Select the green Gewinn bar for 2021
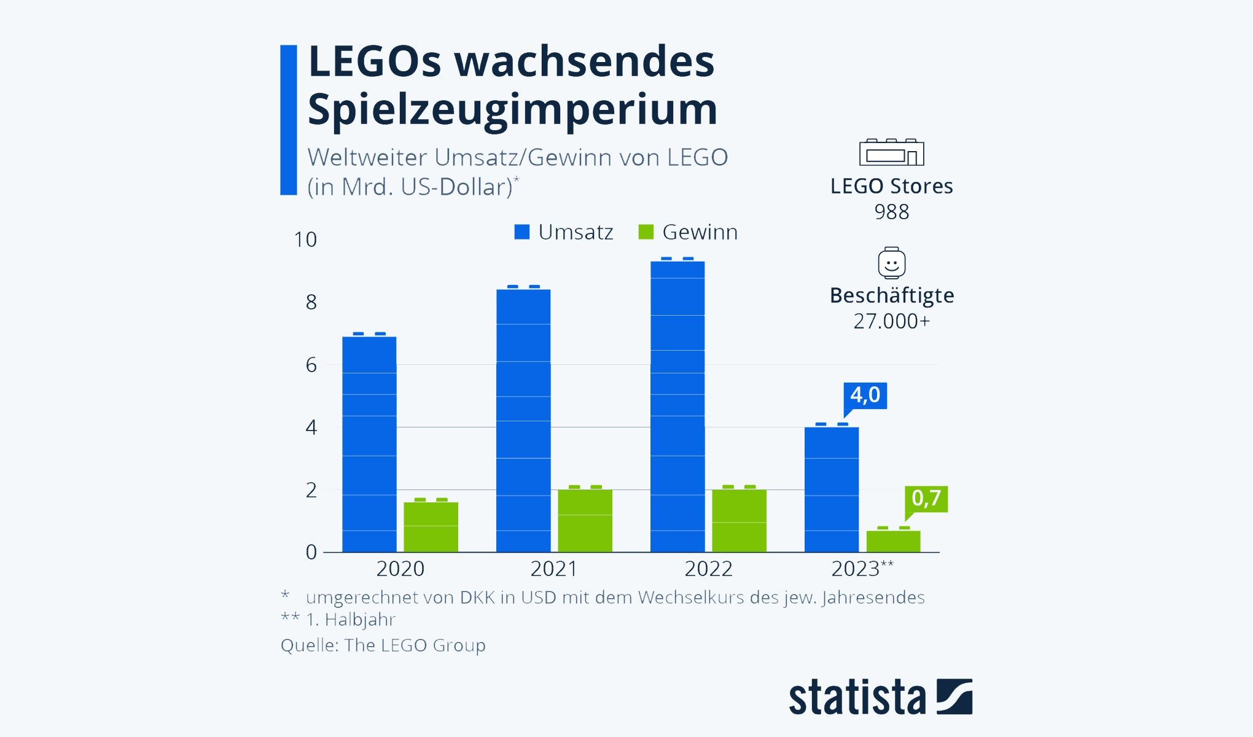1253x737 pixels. tap(585, 520)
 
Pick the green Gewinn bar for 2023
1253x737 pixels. tap(893, 541)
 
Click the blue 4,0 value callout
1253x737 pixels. tap(865, 395)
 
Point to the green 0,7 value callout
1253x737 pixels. tap(926, 498)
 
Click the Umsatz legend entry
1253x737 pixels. tap(564, 232)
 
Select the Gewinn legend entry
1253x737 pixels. tap(688, 232)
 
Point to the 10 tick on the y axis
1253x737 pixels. tap(305, 240)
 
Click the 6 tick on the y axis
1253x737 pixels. tap(311, 365)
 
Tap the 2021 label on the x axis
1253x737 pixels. tap(554, 569)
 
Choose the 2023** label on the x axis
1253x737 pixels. tap(862, 569)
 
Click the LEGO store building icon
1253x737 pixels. tap(891, 152)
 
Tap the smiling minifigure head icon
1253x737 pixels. tap(891, 263)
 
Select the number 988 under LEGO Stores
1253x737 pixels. tap(891, 212)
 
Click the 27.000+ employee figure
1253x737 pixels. tap(891, 321)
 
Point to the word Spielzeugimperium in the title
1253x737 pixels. tap(512, 109)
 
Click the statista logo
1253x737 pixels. tap(880, 696)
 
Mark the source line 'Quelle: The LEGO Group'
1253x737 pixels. tap(383, 645)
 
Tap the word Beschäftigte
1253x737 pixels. tap(892, 295)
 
